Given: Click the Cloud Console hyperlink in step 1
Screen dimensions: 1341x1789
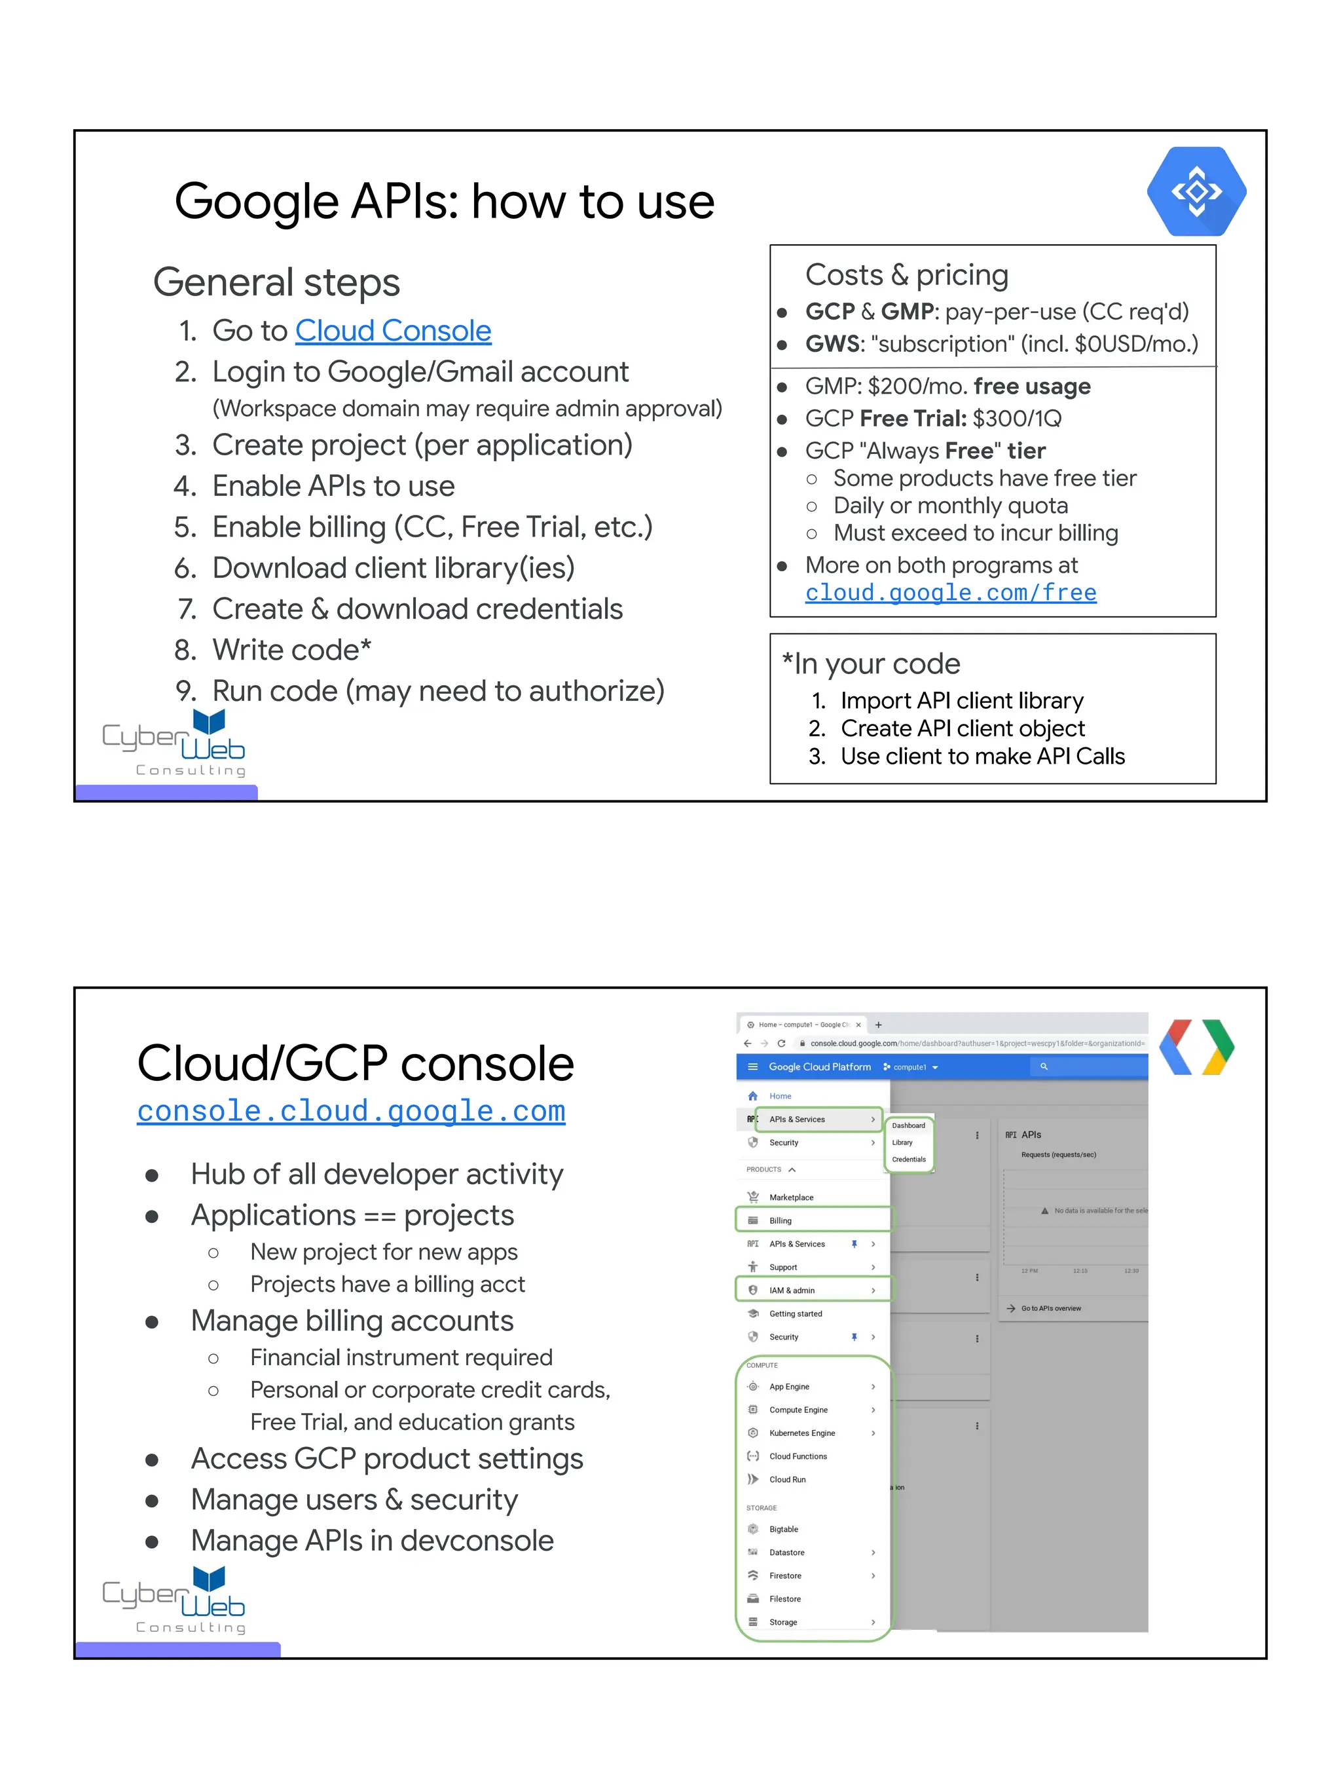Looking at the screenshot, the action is [x=393, y=331].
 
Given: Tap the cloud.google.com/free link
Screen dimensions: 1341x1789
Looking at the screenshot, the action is [x=951, y=593].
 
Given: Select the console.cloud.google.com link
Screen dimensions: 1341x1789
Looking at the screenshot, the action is [x=351, y=1110].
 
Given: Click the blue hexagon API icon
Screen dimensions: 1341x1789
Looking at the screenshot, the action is [x=1196, y=192].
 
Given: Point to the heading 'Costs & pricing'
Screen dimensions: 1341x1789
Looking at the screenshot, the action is [x=906, y=275].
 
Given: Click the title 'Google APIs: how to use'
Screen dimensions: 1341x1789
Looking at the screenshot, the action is [x=445, y=201].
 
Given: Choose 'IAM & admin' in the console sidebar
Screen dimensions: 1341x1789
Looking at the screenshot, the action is [x=792, y=1290].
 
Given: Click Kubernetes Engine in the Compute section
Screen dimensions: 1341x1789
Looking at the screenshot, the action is [x=802, y=1433].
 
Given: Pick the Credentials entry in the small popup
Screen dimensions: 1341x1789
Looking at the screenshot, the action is [x=909, y=1159].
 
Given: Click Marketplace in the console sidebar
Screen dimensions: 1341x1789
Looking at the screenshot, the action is [x=790, y=1197].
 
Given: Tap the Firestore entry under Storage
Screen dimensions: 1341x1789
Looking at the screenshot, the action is [x=785, y=1575].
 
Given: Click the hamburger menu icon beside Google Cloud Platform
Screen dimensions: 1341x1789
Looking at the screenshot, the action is [x=752, y=1066].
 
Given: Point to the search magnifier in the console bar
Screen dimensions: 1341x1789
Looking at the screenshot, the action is [x=1044, y=1066].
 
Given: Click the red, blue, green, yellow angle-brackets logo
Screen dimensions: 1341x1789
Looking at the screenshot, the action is [x=1196, y=1047].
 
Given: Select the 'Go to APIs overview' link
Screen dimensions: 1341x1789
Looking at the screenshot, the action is [x=1050, y=1308].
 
